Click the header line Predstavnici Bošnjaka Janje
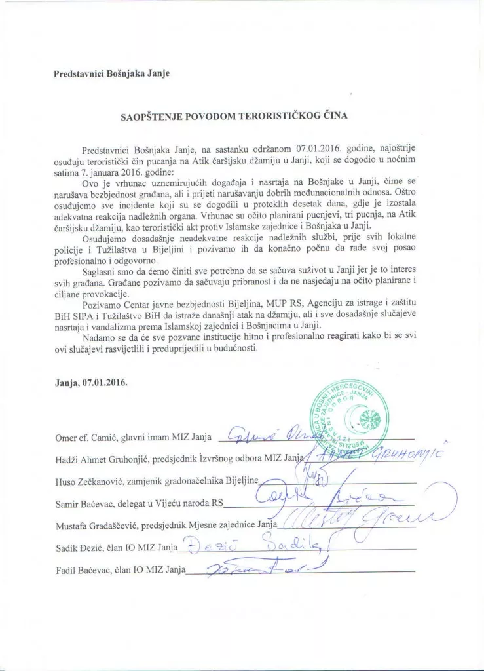coord(111,73)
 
